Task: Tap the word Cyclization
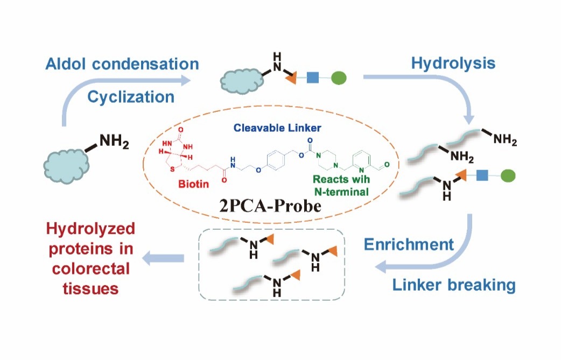[131, 96]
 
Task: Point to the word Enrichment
[409, 244]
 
